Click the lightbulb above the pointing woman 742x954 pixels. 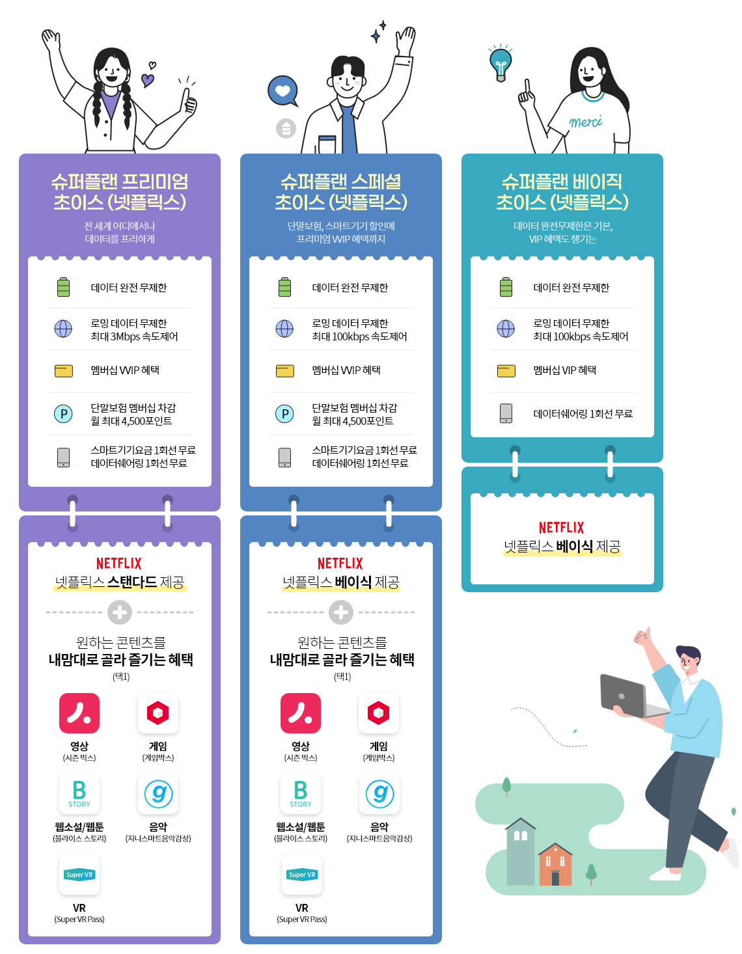click(x=501, y=64)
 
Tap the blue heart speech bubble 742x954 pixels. click(x=283, y=91)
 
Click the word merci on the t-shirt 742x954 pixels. click(x=585, y=122)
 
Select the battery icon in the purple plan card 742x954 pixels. click(x=63, y=287)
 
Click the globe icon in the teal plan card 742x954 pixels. click(x=506, y=329)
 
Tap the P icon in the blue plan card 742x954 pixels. click(x=284, y=414)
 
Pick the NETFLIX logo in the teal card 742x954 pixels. click(x=562, y=528)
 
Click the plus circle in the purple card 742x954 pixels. click(x=120, y=612)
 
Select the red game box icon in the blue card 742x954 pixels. click(x=379, y=713)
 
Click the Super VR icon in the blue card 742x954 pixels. click(x=302, y=875)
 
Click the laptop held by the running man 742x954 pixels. click(x=625, y=696)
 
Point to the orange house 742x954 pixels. click(x=555, y=865)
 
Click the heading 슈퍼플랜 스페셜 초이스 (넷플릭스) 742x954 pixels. click(x=341, y=192)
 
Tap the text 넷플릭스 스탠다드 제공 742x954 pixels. click(x=120, y=582)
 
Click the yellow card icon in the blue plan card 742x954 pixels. click(x=284, y=371)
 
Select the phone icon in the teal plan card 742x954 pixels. click(x=506, y=413)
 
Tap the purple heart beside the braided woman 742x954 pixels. click(x=148, y=80)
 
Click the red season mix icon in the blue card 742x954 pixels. click(x=301, y=713)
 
